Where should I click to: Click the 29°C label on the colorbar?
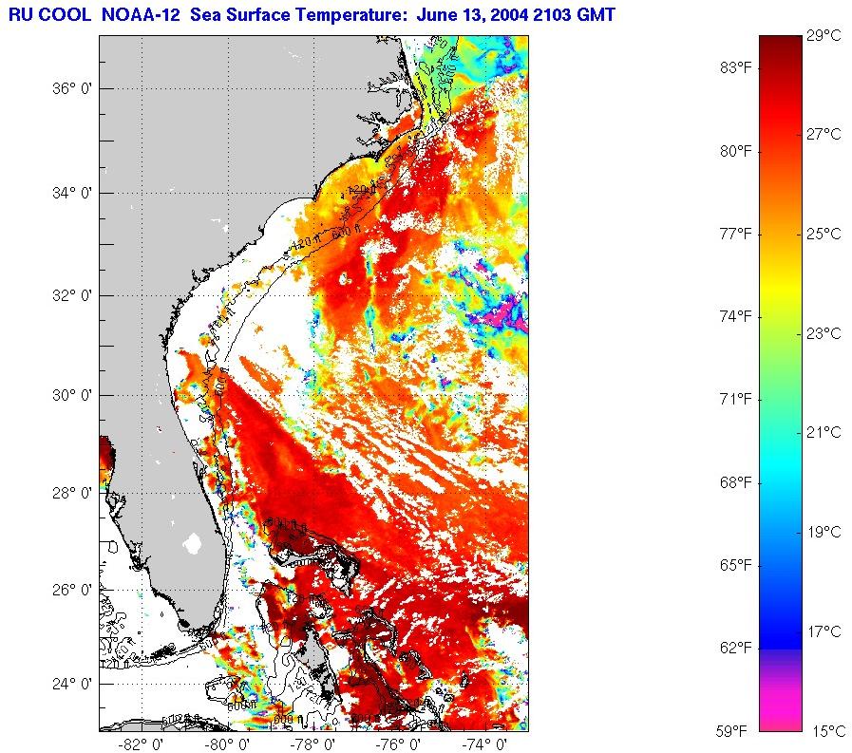(824, 36)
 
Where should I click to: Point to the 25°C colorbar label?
(824, 234)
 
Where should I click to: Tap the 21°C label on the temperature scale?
(824, 433)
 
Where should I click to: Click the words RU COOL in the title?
(47, 14)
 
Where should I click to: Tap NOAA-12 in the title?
(138, 14)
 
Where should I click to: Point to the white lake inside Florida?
(193, 544)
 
